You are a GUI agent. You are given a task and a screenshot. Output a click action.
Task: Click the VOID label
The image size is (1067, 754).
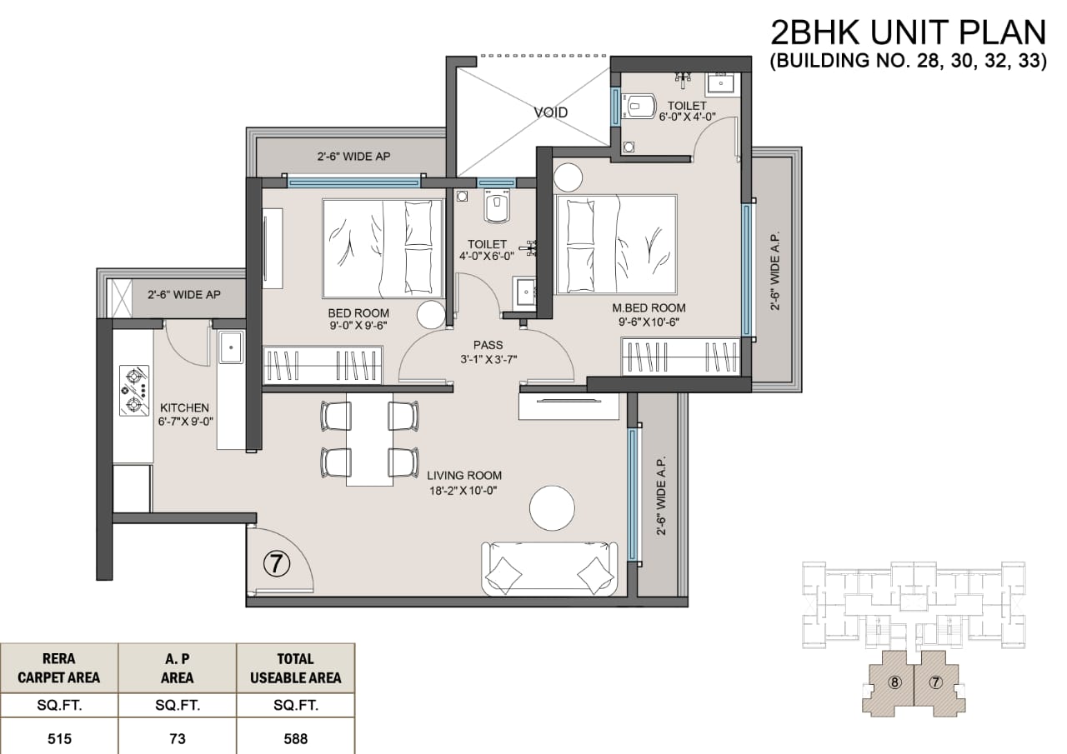pyautogui.click(x=551, y=112)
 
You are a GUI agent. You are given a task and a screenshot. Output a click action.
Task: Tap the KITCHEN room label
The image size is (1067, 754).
pyautogui.click(x=184, y=408)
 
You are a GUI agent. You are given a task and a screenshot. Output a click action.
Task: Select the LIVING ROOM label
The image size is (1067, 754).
pyautogui.click(x=464, y=476)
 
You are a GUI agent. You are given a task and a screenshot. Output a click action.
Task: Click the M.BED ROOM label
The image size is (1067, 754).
pyautogui.click(x=649, y=308)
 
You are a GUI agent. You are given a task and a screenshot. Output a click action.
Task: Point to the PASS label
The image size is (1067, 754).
pyautogui.click(x=488, y=345)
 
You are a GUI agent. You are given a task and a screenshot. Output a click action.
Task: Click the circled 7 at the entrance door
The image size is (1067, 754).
pyautogui.click(x=277, y=564)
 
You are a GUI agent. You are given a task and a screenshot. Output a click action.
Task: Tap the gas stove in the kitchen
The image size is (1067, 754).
pyautogui.click(x=134, y=390)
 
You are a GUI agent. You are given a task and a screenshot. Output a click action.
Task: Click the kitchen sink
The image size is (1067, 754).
pyautogui.click(x=231, y=347)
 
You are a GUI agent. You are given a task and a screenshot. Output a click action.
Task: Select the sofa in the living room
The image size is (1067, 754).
pyautogui.click(x=549, y=568)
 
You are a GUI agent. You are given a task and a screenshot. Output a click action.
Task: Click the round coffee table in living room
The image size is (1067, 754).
pyautogui.click(x=552, y=508)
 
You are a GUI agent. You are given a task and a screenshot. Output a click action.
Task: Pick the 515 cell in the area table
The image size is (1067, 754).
pyautogui.click(x=59, y=739)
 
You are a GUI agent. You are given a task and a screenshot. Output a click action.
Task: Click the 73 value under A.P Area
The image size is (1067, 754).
pyautogui.click(x=178, y=739)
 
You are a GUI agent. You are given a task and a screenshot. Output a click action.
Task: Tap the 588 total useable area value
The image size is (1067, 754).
pyautogui.click(x=296, y=739)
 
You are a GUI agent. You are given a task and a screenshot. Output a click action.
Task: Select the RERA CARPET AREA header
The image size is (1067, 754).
pyautogui.click(x=59, y=668)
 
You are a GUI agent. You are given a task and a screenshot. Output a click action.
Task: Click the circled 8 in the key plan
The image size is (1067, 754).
pyautogui.click(x=894, y=682)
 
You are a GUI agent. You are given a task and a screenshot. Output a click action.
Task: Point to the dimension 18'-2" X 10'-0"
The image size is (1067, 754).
pyautogui.click(x=463, y=491)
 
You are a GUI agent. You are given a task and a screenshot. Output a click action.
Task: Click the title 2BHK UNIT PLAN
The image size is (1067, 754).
pyautogui.click(x=908, y=32)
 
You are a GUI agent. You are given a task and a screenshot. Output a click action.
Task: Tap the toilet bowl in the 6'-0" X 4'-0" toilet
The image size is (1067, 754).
pyautogui.click(x=640, y=106)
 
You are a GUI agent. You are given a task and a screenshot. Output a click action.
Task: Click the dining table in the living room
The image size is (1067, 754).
pyautogui.click(x=369, y=439)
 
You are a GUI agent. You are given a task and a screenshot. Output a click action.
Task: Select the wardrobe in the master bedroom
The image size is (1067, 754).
pyautogui.click(x=681, y=357)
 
